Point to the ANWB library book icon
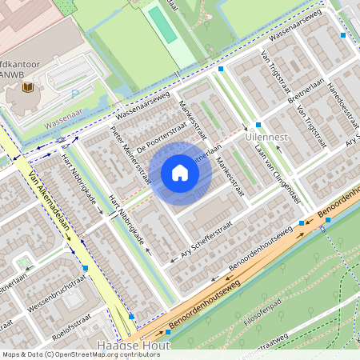[27, 86]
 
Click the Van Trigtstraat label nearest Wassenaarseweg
[273, 68]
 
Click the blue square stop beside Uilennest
[258, 125]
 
